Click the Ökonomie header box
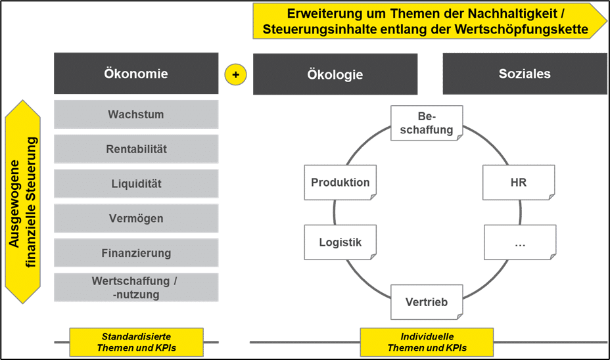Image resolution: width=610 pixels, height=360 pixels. pyautogui.click(x=136, y=74)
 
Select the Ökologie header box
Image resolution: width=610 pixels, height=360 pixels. pyautogui.click(x=335, y=74)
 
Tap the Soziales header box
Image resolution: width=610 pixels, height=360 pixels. pyautogui.click(x=524, y=74)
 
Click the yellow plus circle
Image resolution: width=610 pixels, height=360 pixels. pyautogui.click(x=235, y=74)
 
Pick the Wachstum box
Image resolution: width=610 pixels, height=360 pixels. pyautogui.click(x=136, y=114)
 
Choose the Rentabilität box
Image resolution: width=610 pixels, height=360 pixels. pyautogui.click(x=136, y=149)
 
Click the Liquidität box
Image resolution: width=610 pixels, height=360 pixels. pyautogui.click(x=136, y=184)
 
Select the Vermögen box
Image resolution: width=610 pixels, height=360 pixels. pyautogui.click(x=136, y=218)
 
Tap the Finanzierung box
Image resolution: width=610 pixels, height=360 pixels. pyautogui.click(x=136, y=253)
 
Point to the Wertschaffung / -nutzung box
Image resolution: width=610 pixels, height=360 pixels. pyautogui.click(x=136, y=288)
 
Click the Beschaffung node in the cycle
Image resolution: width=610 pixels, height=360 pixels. pyautogui.click(x=427, y=123)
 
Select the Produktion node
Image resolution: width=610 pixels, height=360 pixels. pyautogui.click(x=340, y=182)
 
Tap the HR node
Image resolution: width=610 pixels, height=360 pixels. pyautogui.click(x=518, y=182)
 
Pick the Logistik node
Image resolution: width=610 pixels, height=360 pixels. pyautogui.click(x=340, y=242)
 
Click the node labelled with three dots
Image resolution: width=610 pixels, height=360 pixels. pyautogui.click(x=520, y=242)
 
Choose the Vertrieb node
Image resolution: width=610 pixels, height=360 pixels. pyautogui.click(x=427, y=302)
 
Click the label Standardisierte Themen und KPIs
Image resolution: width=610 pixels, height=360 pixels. pyautogui.click(x=136, y=342)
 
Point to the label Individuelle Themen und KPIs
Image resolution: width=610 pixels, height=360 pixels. pyautogui.click(x=427, y=342)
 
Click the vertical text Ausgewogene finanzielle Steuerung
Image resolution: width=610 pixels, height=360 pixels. pyautogui.click(x=23, y=202)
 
